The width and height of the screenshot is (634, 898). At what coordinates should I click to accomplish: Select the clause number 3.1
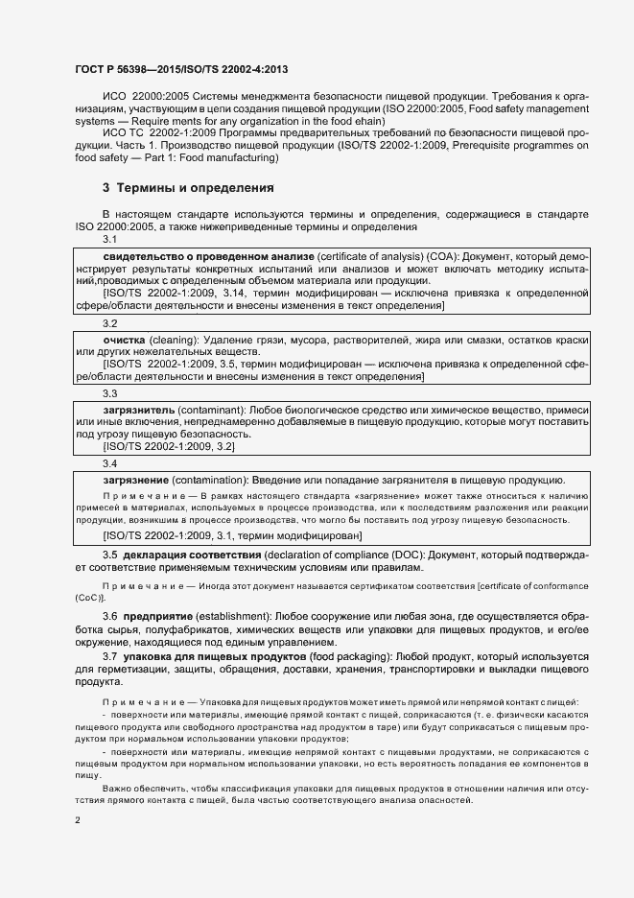click(110, 239)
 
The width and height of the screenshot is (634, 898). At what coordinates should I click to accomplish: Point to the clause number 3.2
click(110, 324)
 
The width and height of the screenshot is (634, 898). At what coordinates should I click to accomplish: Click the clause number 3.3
click(110, 393)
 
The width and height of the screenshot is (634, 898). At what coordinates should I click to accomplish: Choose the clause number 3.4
click(110, 463)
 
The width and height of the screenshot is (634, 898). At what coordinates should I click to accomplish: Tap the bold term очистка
click(124, 341)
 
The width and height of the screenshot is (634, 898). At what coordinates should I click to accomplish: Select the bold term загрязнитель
click(139, 410)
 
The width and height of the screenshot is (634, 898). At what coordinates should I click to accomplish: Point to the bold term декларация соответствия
click(191, 555)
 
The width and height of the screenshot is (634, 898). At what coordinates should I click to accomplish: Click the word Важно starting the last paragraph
click(119, 788)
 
